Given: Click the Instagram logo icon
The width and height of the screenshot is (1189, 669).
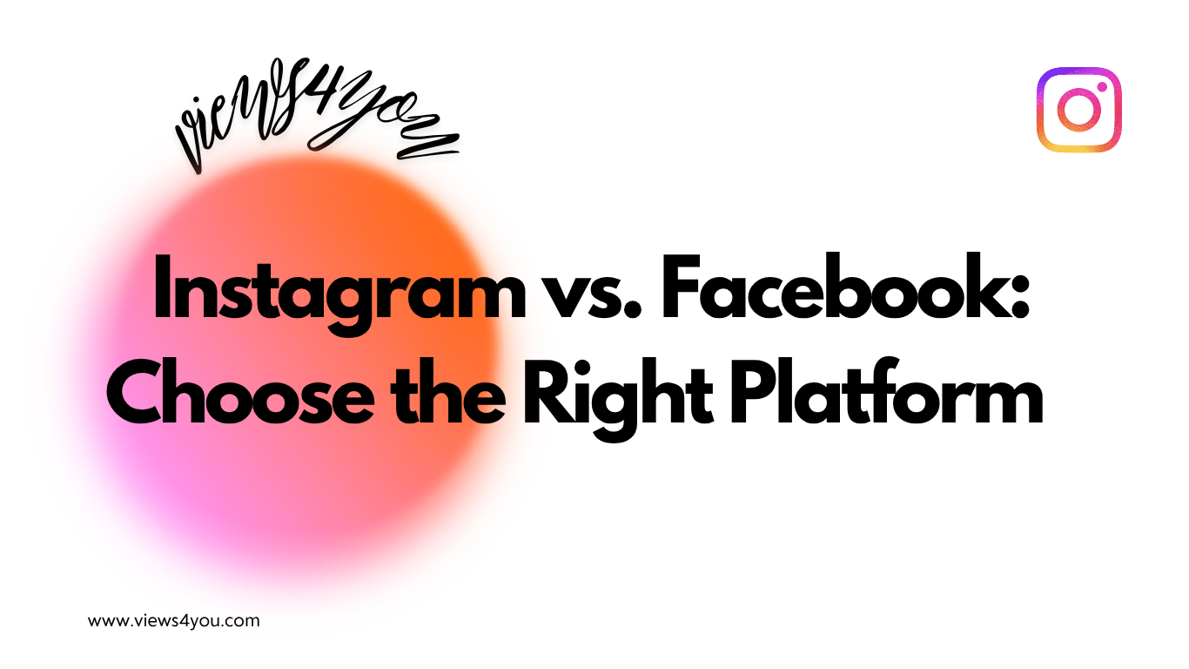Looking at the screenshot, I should pos(1079,109).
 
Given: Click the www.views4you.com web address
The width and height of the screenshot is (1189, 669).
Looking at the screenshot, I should pos(174,621).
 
